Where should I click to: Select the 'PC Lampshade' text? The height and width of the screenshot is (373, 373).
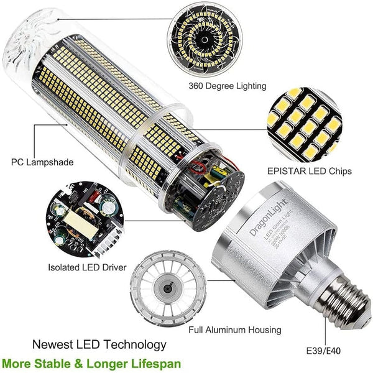[42, 162]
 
